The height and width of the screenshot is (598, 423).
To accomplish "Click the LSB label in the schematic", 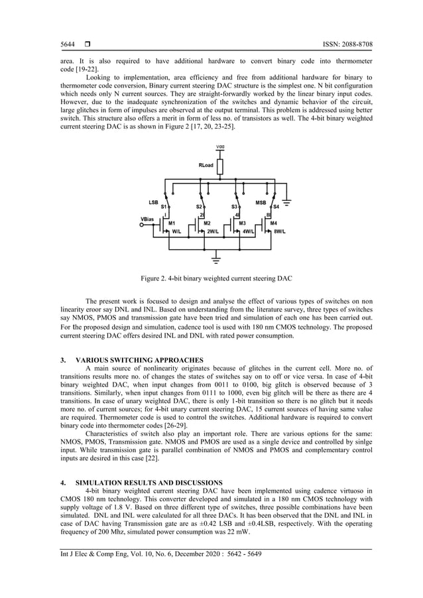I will (x=153, y=201).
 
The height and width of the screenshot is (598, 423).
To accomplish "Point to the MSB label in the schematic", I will (x=261, y=201).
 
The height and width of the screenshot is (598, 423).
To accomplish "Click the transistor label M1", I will (x=172, y=223).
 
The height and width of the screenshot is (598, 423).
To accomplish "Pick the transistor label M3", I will (x=243, y=223).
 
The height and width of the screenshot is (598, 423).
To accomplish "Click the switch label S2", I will (x=199, y=207).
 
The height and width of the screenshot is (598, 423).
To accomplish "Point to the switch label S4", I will (x=276, y=207).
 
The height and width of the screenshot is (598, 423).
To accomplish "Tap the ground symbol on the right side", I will (x=288, y=200).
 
